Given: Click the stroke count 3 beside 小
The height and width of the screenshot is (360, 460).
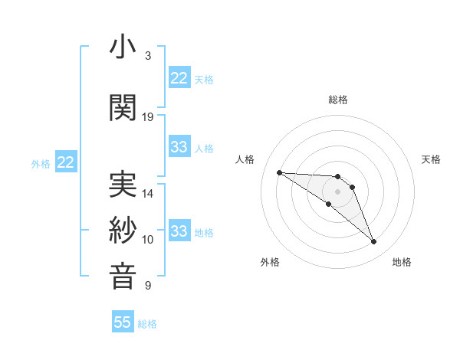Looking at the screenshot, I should [x=147, y=56].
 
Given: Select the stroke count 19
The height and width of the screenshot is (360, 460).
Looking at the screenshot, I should [x=148, y=117].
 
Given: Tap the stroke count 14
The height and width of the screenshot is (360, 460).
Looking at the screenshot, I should [x=148, y=194].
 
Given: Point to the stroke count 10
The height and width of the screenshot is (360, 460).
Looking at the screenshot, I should [x=148, y=240].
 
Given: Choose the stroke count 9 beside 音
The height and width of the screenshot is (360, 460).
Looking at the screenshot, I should [x=147, y=286].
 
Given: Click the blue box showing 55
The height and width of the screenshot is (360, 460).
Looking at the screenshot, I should [x=123, y=322].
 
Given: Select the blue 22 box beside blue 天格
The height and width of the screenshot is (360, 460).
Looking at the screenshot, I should [x=179, y=78].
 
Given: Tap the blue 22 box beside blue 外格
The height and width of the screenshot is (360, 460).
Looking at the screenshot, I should [x=65, y=162].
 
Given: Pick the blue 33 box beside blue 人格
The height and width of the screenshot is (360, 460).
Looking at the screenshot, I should [x=179, y=147].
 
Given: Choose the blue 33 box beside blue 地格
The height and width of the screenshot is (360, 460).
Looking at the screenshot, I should [x=179, y=231].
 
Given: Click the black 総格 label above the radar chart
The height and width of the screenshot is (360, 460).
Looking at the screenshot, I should [x=338, y=100].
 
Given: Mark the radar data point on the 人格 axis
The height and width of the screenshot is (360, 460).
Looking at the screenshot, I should [x=279, y=172].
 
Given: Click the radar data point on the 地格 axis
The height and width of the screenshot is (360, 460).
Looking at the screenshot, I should [x=373, y=242].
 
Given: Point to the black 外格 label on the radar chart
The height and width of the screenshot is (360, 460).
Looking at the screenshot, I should [x=270, y=262].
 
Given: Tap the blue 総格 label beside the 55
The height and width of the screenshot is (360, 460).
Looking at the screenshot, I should [x=147, y=324].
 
